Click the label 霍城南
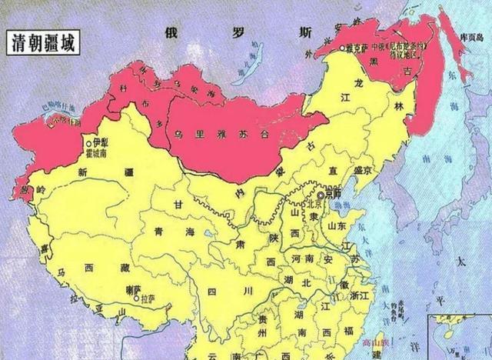coord(105,153)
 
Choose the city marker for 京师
coord(320,196)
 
